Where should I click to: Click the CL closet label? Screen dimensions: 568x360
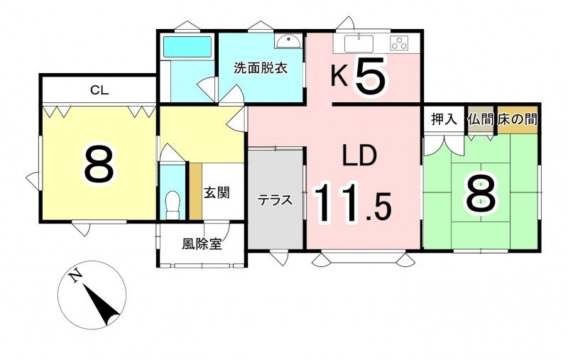(x=99, y=89)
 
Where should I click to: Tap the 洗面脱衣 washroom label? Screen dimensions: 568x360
(x=261, y=67)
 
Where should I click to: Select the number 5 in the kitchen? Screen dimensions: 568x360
(x=370, y=77)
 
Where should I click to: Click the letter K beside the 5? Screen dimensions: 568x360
(x=339, y=77)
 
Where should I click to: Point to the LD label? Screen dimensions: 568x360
(x=359, y=156)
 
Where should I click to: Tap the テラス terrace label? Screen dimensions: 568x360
(x=275, y=200)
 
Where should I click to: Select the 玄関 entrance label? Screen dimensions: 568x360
(x=217, y=193)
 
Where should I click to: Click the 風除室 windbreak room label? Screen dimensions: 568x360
(x=202, y=245)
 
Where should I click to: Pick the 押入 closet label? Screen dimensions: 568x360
(x=444, y=119)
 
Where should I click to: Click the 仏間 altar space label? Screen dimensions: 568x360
(x=481, y=119)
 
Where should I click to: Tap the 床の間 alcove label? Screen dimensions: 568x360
(x=518, y=119)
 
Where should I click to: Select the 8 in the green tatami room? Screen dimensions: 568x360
(x=481, y=195)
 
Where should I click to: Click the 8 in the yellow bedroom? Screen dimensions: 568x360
(x=99, y=164)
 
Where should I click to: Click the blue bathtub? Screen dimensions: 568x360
(x=187, y=47)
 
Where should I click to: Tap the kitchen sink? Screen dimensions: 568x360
(x=359, y=44)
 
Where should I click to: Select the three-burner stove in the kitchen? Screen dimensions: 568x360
(x=400, y=43)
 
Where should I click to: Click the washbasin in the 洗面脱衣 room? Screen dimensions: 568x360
(x=288, y=41)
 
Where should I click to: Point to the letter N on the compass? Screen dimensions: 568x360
(x=76, y=277)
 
